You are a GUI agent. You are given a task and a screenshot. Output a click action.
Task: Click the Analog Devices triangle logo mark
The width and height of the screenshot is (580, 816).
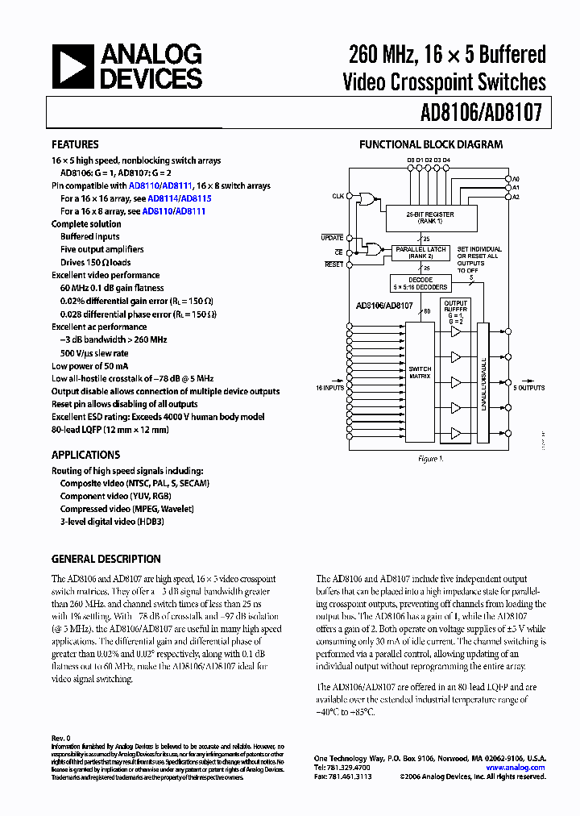click(72, 68)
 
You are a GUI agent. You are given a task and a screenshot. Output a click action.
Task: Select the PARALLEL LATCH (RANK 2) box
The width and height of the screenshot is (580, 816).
click(420, 252)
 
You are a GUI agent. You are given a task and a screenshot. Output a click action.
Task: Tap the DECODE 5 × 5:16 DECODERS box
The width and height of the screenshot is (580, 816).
click(420, 284)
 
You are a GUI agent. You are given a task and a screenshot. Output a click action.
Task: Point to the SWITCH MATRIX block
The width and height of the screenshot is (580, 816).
click(420, 373)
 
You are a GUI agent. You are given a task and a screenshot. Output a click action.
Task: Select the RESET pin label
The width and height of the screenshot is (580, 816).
click(333, 264)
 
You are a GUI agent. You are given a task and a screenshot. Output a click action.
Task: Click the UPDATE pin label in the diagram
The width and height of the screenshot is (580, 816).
click(332, 238)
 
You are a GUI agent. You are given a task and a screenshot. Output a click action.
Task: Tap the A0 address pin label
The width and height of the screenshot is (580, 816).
click(516, 178)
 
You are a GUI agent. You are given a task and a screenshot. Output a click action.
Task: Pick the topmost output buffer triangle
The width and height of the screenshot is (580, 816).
click(456, 331)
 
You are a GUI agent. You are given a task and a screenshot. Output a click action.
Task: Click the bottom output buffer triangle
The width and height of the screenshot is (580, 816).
click(456, 433)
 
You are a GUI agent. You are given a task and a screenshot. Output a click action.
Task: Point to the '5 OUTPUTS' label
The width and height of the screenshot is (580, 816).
click(530, 388)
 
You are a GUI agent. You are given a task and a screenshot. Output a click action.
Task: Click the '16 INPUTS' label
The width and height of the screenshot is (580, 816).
click(329, 388)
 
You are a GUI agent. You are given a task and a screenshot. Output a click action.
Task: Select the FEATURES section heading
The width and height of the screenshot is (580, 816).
click(75, 145)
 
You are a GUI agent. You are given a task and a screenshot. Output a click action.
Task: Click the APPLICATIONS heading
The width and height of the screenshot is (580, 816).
click(85, 455)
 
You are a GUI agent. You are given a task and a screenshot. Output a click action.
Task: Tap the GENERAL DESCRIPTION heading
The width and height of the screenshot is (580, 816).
click(106, 559)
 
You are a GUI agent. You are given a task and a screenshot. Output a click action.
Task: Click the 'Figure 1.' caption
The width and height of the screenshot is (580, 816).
click(429, 459)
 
